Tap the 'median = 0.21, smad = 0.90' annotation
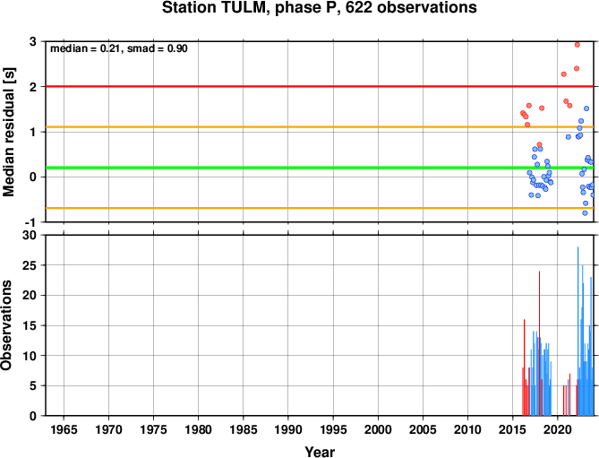click(x=119, y=48)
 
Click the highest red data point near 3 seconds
click(x=578, y=45)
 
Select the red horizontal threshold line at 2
click(x=320, y=86)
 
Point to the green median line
click(x=320, y=168)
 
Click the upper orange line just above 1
click(x=320, y=127)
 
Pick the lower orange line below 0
click(x=320, y=208)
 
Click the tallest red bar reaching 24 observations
click(x=539, y=343)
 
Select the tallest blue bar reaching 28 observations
click(x=578, y=331)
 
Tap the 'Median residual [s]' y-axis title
click(x=8, y=132)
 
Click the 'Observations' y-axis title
click(x=6, y=325)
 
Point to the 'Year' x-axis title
click(x=320, y=452)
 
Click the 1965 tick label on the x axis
click(x=64, y=429)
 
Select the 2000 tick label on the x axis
click(x=378, y=429)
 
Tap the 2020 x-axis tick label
click(x=557, y=429)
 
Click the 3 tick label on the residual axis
click(x=33, y=41)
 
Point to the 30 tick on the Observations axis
click(x=30, y=235)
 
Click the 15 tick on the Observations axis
click(x=30, y=325)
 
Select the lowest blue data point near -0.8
click(x=585, y=213)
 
